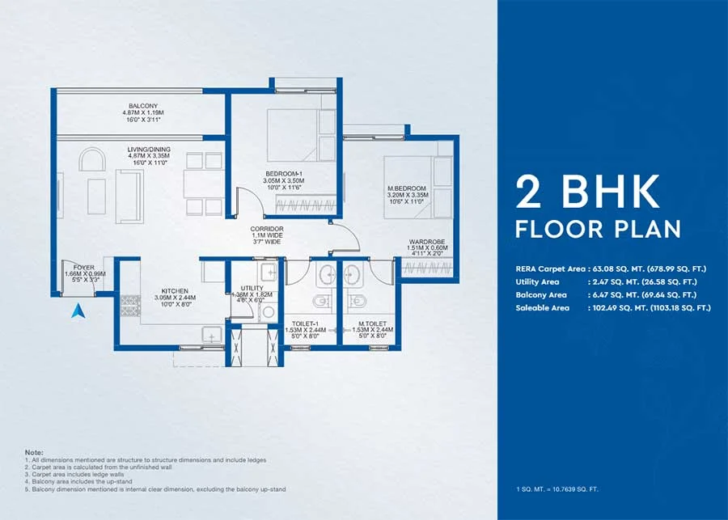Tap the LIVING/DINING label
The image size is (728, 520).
pos(147,150)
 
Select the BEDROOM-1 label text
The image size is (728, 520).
pos(284,173)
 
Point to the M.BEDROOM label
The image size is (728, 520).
pos(407,188)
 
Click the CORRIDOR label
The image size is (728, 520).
pos(266,229)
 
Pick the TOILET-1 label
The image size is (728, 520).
pos(308,323)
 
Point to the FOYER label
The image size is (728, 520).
pos(83,267)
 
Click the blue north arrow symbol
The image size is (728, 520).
pos(78,310)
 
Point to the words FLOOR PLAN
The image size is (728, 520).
pos(598,229)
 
